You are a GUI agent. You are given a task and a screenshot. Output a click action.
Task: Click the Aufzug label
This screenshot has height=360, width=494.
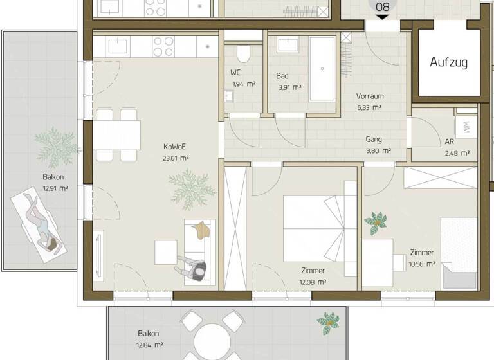click(448, 62)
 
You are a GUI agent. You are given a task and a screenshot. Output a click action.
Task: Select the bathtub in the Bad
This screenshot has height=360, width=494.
click(322, 68)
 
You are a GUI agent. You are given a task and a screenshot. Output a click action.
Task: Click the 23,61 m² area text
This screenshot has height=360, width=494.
click(176, 157)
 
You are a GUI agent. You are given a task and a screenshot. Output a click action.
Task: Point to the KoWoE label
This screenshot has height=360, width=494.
click(175, 146)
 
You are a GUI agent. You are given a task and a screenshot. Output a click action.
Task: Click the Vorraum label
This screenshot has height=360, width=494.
click(370, 96)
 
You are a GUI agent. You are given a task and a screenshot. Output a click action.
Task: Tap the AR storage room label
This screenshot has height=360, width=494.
click(450, 141)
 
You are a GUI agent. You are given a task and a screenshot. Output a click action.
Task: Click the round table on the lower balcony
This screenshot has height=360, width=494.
click(212, 340)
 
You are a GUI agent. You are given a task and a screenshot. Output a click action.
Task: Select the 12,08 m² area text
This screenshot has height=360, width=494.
click(313, 282)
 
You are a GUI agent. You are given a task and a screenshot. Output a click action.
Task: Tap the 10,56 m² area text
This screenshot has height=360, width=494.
click(422, 264)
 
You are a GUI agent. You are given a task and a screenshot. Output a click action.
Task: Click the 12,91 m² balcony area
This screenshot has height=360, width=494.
click(54, 189)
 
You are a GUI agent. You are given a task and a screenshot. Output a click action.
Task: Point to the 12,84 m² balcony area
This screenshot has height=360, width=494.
click(149, 345)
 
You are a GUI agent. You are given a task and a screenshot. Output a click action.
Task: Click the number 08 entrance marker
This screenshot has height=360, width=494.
click(383, 7)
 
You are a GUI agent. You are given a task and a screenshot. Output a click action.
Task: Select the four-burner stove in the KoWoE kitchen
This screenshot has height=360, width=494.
click(163, 46)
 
